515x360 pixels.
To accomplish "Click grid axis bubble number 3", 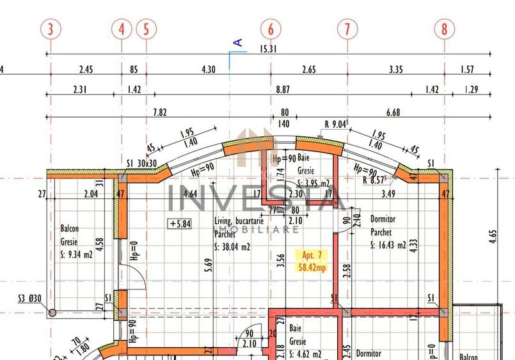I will (x=51, y=29).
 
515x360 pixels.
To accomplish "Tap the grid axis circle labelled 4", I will (x=121, y=29).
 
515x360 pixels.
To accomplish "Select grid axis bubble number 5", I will (x=147, y=29).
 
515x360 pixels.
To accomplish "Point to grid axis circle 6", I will (x=271, y=29).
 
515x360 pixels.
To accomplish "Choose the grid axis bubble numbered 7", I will (x=347, y=29).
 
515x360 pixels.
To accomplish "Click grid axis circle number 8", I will (x=445, y=29).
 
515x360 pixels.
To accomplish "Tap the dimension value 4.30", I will (x=209, y=70).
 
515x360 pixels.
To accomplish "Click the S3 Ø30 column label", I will (x=29, y=298).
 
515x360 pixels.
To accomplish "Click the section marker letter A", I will (x=238, y=43).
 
